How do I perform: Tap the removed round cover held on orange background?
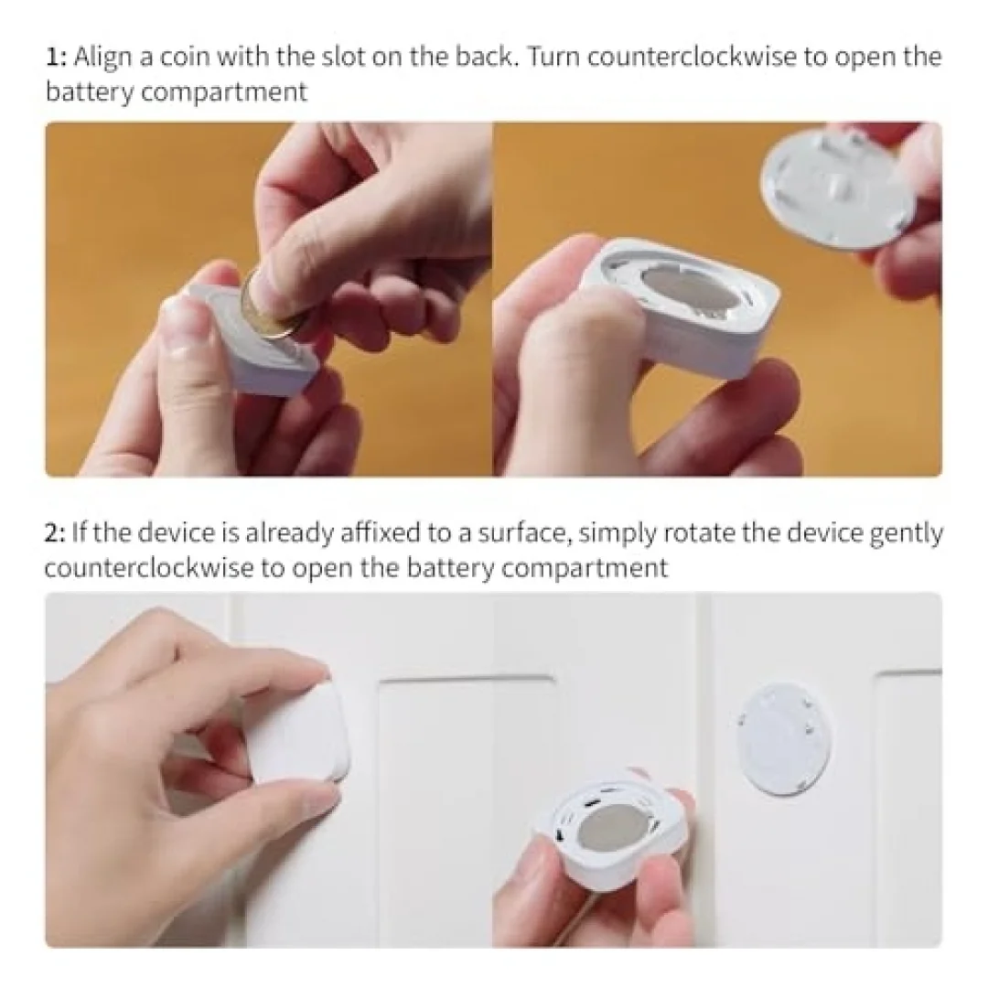838,186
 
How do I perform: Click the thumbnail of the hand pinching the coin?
269,299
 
